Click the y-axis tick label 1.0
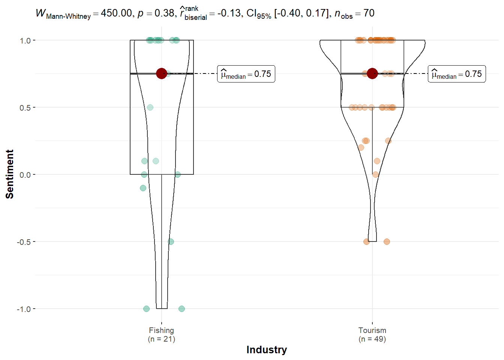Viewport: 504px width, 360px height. point(25,40)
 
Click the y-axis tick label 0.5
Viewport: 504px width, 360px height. point(25,108)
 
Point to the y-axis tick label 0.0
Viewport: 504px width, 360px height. point(25,175)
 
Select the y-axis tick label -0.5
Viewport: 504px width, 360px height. point(24,242)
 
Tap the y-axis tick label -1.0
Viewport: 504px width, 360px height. point(24,309)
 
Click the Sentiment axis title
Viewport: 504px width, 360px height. point(10,174)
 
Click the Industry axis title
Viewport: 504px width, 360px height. point(267,349)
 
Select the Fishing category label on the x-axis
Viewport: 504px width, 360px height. point(161,330)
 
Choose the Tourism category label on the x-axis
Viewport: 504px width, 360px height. point(372,330)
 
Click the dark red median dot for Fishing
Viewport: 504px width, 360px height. point(161,73)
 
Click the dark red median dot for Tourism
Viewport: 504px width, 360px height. point(372,73)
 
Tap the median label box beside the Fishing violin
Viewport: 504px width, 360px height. point(246,74)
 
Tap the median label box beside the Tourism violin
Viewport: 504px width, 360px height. point(457,74)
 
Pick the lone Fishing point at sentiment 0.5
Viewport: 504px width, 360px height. point(150,107)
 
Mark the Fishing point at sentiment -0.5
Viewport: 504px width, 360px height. point(171,241)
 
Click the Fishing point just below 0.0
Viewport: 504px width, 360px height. point(143,188)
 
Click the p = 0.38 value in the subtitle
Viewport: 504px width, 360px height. point(155,13)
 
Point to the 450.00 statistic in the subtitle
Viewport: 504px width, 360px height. point(116,13)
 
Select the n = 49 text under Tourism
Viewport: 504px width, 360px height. point(372,339)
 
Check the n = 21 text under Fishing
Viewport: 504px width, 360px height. point(161,339)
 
